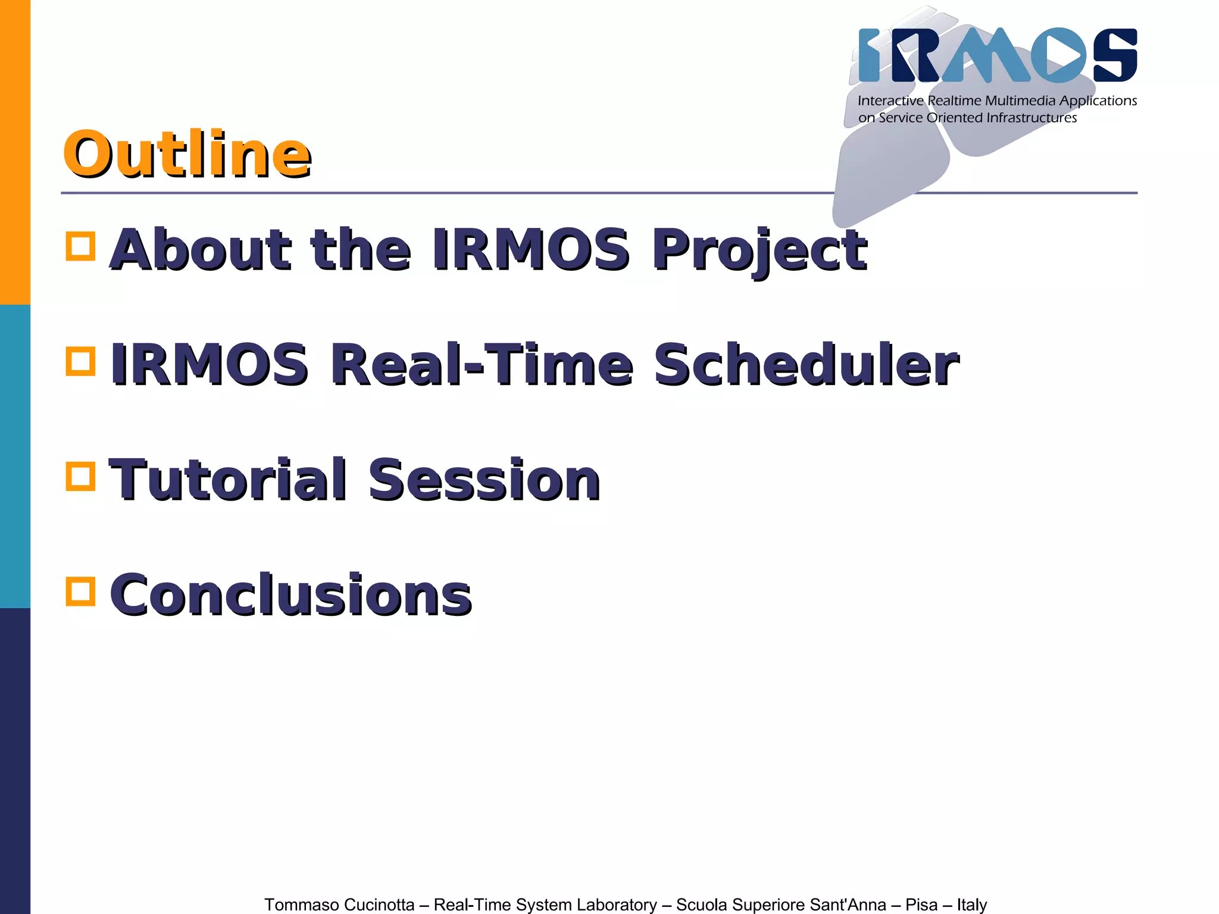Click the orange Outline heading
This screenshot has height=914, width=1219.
[187, 155]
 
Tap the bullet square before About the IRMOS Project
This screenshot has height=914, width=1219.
[80, 246]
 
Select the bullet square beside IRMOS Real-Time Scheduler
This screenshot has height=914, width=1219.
[80, 361]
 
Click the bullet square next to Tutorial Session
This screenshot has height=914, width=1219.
[80, 476]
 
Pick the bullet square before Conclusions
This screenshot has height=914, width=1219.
[80, 591]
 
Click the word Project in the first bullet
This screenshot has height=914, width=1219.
[759, 250]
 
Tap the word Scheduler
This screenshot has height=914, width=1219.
[806, 364]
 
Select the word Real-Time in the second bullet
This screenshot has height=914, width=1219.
[482, 364]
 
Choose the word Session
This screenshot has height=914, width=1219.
[484, 480]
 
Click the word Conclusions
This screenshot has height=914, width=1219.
[291, 595]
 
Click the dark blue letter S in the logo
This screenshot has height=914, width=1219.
[1115, 55]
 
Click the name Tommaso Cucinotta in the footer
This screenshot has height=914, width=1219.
[339, 904]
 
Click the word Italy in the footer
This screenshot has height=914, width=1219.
[971, 904]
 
